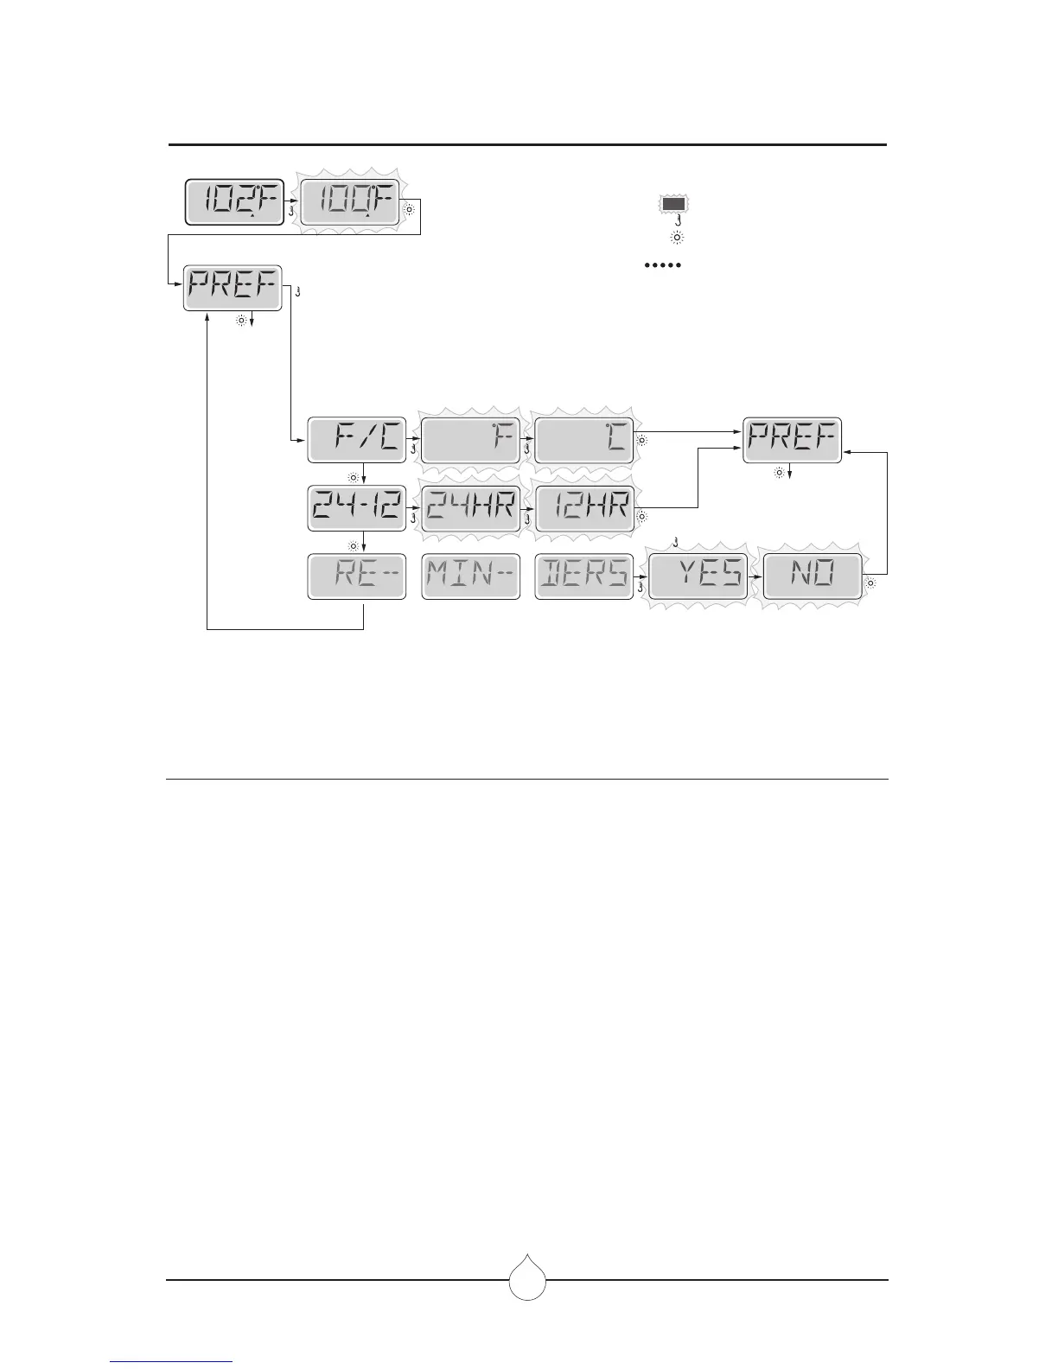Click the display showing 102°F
pos(234,202)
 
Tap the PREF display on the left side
pos(233,287)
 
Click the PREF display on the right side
pos(793,440)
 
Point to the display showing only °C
pos(584,440)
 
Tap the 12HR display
pos(584,507)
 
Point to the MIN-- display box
pos(470,576)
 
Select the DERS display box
pos(584,576)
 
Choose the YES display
pos(698,576)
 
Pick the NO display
pos(812,576)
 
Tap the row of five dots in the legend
pos(663,264)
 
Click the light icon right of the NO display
pos(870,583)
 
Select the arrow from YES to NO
pos(754,576)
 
